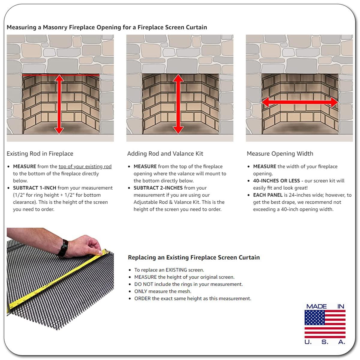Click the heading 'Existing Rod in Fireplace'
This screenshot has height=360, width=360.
(x=40, y=154)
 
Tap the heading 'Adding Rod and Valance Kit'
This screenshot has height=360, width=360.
(x=165, y=154)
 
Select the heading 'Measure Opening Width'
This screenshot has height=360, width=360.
(x=280, y=154)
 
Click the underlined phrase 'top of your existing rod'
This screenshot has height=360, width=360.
(x=85, y=166)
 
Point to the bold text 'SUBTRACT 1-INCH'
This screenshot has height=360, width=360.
(x=34, y=188)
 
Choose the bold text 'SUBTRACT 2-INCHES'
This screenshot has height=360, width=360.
(x=158, y=188)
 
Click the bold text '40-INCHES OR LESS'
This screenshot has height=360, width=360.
(x=277, y=181)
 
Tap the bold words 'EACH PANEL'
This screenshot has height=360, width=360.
(x=268, y=195)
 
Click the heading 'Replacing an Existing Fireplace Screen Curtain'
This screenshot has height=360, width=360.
(x=194, y=257)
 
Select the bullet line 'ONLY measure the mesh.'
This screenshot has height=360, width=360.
(x=163, y=291)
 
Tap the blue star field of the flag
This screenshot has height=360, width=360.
(x=314, y=318)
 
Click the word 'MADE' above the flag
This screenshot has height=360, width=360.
(x=316, y=306)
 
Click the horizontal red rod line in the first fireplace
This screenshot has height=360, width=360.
(x=61, y=75)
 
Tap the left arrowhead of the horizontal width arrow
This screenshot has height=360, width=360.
(x=265, y=102)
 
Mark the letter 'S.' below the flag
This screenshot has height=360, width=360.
(x=325, y=342)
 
